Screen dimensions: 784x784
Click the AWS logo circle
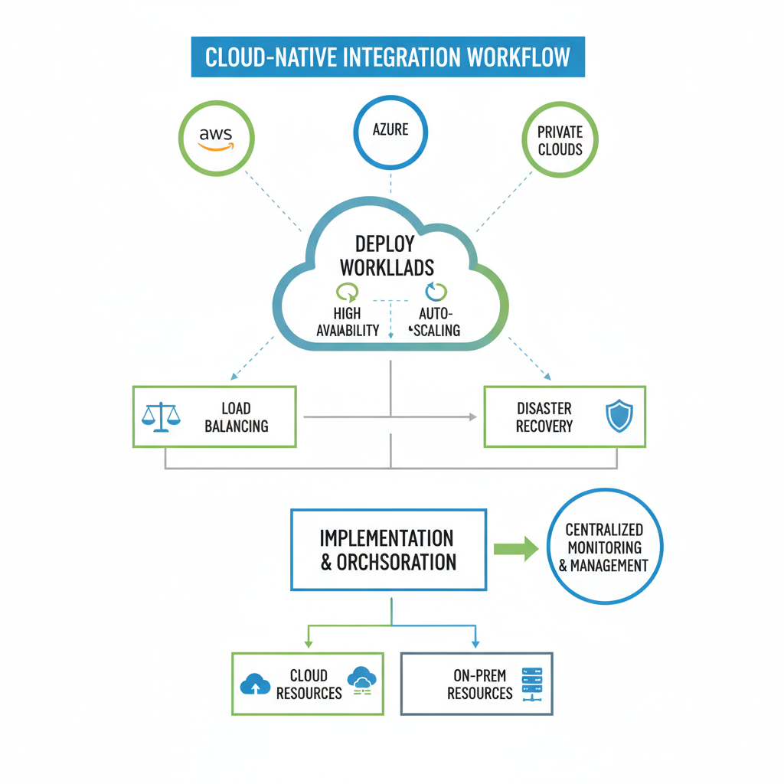216,139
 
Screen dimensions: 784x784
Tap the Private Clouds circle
560,141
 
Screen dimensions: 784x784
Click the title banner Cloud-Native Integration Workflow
387,57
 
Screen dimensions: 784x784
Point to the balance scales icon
162,417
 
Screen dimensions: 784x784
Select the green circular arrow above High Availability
347,292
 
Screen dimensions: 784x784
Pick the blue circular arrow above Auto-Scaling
436,292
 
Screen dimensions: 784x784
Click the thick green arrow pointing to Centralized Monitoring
516,548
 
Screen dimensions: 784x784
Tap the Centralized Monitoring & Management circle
606,547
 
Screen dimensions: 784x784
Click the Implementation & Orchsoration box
388,550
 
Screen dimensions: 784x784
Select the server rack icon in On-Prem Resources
531,683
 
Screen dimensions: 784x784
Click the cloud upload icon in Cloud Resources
255,684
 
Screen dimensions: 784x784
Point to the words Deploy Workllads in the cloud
387,255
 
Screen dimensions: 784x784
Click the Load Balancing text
237,417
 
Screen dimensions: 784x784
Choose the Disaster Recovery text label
544,417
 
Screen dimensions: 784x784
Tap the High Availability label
347,322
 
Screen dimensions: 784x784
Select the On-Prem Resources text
479,684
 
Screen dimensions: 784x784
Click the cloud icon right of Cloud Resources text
361,680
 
